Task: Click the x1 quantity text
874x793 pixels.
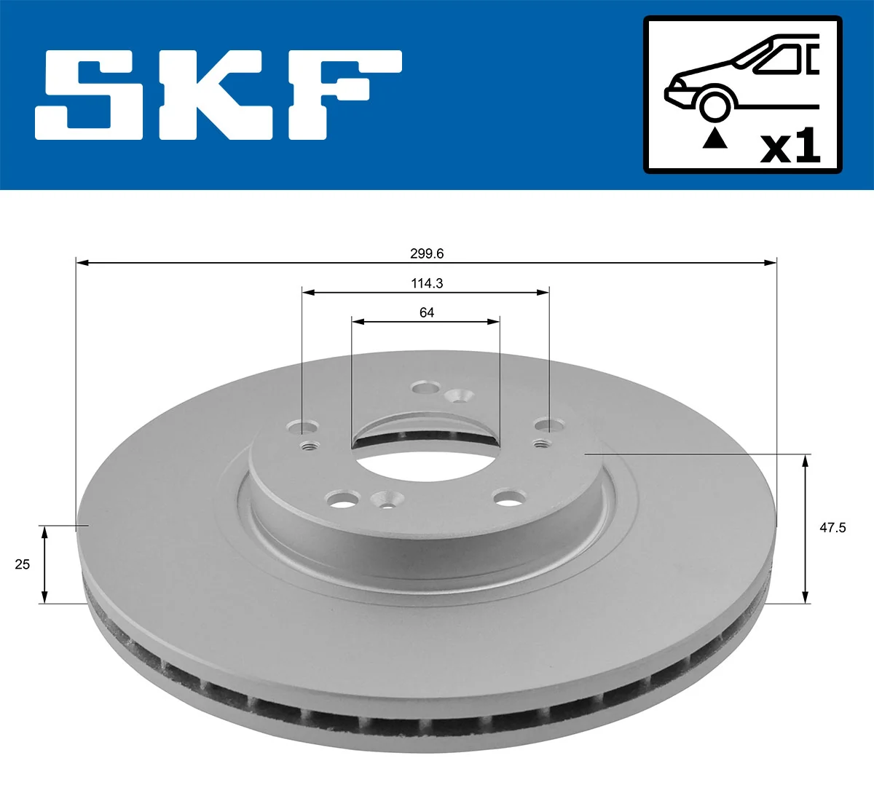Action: [x=790, y=146]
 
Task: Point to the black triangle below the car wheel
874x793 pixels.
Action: [x=714, y=138]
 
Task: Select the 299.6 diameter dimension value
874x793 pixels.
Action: [x=427, y=253]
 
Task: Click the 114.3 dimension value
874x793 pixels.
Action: [x=427, y=283]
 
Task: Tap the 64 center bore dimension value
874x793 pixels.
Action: [x=427, y=312]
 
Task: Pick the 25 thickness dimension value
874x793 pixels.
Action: [x=23, y=564]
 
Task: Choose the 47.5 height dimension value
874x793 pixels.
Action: [x=832, y=527]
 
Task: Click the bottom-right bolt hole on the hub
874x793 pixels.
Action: [x=508, y=498]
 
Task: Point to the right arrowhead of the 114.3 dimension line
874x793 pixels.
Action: [x=543, y=292]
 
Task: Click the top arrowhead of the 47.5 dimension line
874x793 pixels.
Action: [x=806, y=459]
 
